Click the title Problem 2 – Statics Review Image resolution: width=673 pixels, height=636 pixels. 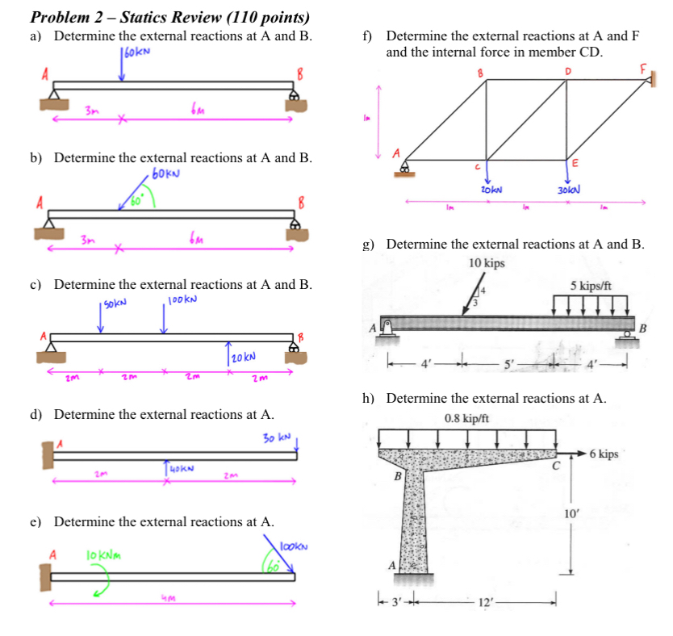coord(169,17)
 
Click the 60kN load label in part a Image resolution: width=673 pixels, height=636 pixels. coord(138,51)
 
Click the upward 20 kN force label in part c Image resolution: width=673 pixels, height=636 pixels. coord(243,356)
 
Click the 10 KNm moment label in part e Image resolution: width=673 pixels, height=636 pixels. coord(103,555)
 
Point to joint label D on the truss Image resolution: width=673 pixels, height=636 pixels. coord(567,71)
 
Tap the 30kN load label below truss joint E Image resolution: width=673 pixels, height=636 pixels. coord(570,189)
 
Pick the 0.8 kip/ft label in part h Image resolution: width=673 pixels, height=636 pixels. coord(466,418)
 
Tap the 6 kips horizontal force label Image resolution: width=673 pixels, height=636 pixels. coord(604,454)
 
